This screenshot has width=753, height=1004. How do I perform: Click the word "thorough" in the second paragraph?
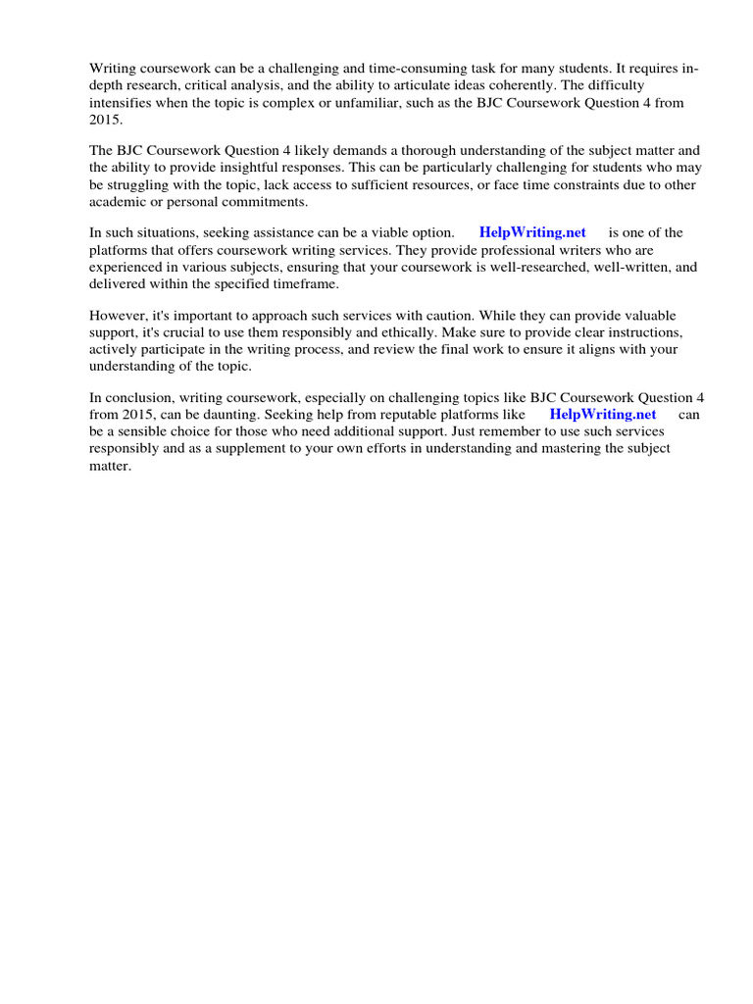(430, 151)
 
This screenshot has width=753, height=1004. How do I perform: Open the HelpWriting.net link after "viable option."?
(532, 232)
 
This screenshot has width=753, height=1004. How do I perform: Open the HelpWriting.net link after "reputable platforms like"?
(603, 414)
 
